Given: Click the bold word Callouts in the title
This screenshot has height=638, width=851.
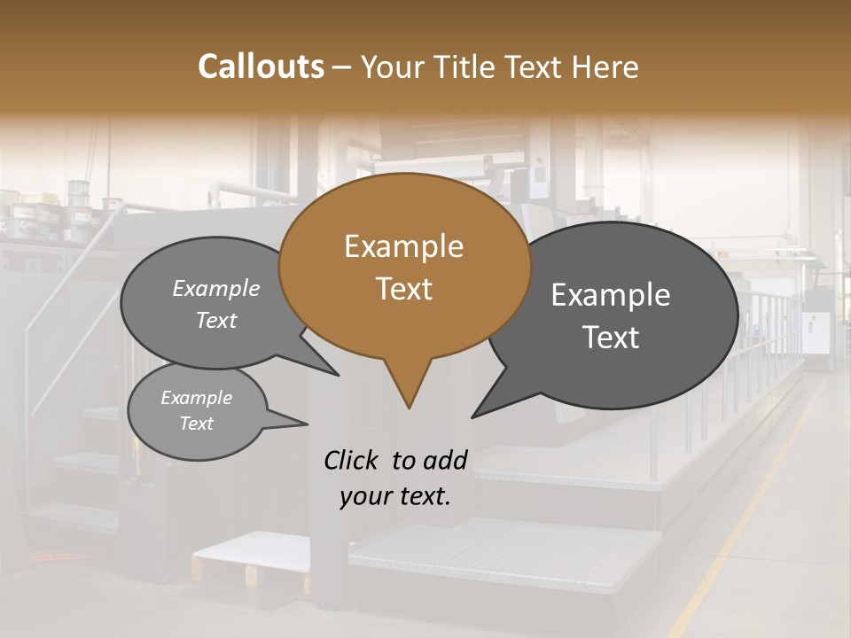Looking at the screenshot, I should click(x=261, y=66).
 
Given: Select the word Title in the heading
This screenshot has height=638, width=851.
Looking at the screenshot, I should click(x=469, y=66).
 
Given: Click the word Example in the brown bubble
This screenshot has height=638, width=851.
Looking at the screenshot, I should click(x=403, y=246).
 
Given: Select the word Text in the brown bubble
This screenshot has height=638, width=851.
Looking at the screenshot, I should click(x=403, y=289).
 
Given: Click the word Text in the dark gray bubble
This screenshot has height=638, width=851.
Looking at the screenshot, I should click(x=611, y=338).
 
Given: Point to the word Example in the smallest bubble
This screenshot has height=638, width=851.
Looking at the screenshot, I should click(x=196, y=399).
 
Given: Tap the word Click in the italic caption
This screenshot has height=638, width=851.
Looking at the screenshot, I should click(x=352, y=460).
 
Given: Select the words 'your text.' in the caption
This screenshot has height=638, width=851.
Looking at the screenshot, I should click(x=394, y=497).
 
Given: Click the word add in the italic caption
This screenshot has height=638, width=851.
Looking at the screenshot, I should click(x=445, y=460).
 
